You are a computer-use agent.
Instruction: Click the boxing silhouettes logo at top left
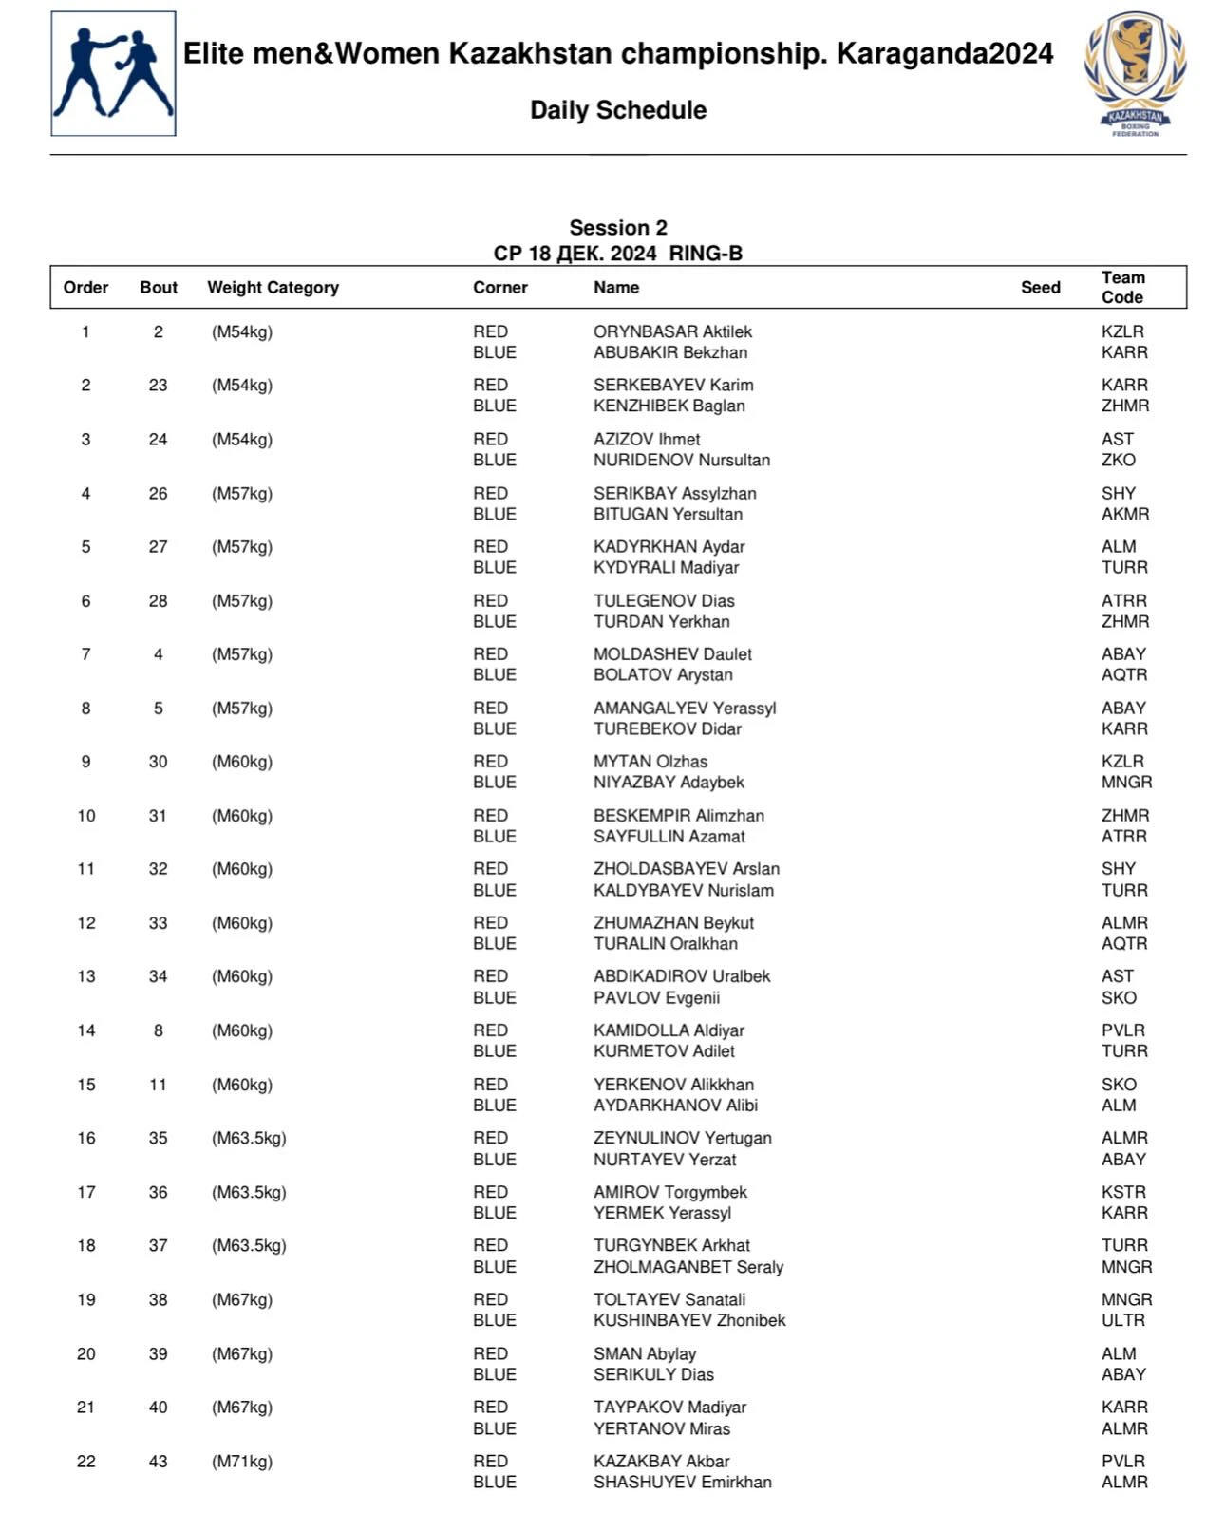113,74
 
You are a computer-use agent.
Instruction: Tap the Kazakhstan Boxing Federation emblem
1135,74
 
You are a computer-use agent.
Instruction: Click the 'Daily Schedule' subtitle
618,110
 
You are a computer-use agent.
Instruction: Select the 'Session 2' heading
618,228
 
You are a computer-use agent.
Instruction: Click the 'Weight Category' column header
273,288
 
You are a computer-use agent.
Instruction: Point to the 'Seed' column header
1040,288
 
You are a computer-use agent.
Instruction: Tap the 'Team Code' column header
1122,288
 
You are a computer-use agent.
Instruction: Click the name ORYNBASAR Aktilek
672,331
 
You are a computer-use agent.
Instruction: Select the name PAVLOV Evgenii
656,997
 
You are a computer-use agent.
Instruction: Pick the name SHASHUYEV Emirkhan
682,1482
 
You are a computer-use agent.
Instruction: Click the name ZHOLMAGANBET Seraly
688,1267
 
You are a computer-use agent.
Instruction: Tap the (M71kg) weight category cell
242,1462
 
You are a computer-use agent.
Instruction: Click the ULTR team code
1123,1320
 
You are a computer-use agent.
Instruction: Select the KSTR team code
1123,1192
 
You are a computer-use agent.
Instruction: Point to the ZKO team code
1118,460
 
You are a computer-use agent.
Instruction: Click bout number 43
158,1462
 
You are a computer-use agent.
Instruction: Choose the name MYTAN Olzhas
650,762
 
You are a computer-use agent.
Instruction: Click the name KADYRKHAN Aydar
669,547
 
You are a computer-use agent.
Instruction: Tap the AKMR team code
1125,514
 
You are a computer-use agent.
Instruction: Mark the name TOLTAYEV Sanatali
669,1299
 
